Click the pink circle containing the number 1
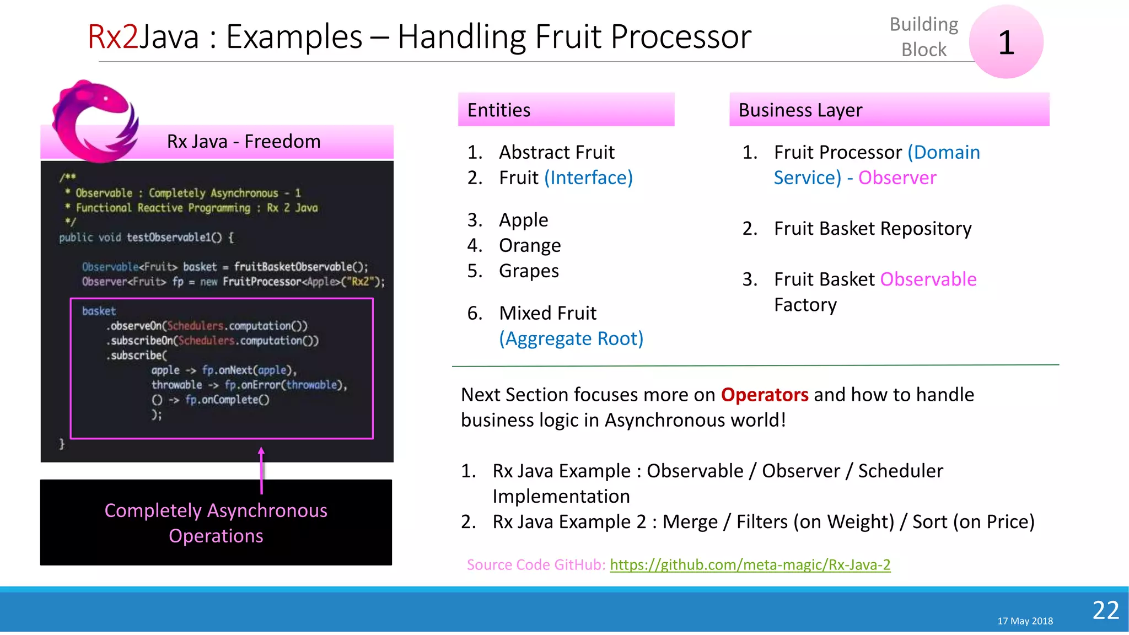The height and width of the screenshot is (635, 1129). click(x=1006, y=42)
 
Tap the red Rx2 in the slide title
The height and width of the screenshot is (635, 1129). click(x=112, y=37)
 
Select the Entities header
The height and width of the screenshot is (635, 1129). click(x=566, y=110)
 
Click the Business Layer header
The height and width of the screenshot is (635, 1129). click(x=889, y=110)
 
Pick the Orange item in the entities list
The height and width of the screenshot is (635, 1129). click(x=529, y=245)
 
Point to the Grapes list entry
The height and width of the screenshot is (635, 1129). click(x=528, y=271)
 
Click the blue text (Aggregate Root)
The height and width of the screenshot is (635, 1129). click(x=571, y=338)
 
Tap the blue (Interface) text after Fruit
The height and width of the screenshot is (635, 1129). click(x=588, y=177)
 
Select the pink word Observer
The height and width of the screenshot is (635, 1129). click(x=897, y=177)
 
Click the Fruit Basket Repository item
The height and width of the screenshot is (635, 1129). click(x=872, y=228)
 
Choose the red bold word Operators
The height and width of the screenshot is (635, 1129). click(x=764, y=395)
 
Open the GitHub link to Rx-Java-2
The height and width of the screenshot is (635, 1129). click(x=750, y=564)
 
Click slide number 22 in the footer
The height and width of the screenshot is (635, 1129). click(x=1105, y=610)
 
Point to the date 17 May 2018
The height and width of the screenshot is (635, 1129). click(x=1025, y=621)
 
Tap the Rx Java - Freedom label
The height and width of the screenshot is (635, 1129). click(x=244, y=142)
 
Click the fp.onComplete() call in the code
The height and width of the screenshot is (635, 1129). click(x=227, y=400)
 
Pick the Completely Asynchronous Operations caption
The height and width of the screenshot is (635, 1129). click(x=216, y=523)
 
